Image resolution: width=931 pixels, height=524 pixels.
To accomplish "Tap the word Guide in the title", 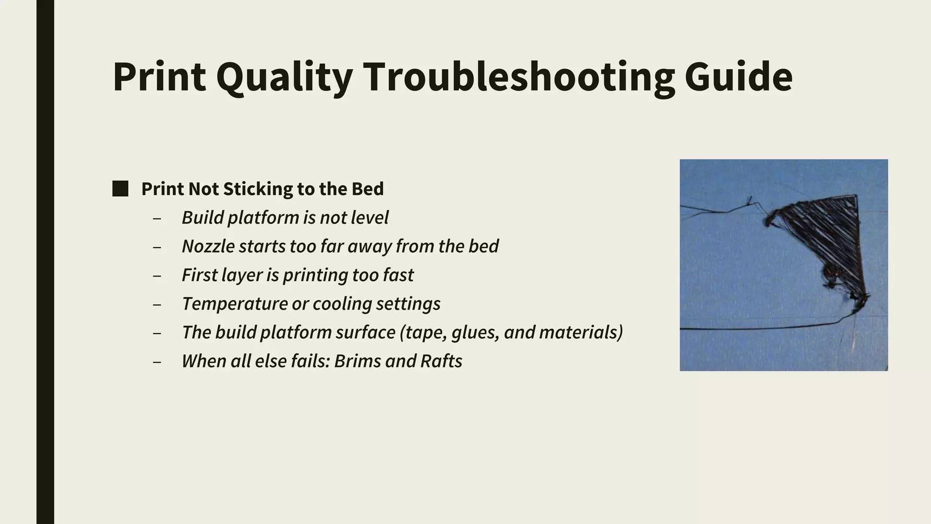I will (x=738, y=77).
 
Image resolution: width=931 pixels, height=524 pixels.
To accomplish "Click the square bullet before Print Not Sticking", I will (x=120, y=189).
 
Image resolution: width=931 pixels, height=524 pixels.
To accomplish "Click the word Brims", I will (x=356, y=361).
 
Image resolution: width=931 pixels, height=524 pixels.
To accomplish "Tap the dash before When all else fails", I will (x=157, y=362).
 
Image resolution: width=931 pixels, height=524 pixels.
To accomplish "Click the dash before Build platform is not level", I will (x=157, y=219).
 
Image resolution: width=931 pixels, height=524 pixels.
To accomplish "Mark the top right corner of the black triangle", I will (x=856, y=196).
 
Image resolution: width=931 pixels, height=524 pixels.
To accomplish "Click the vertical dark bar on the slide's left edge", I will (x=45, y=262).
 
